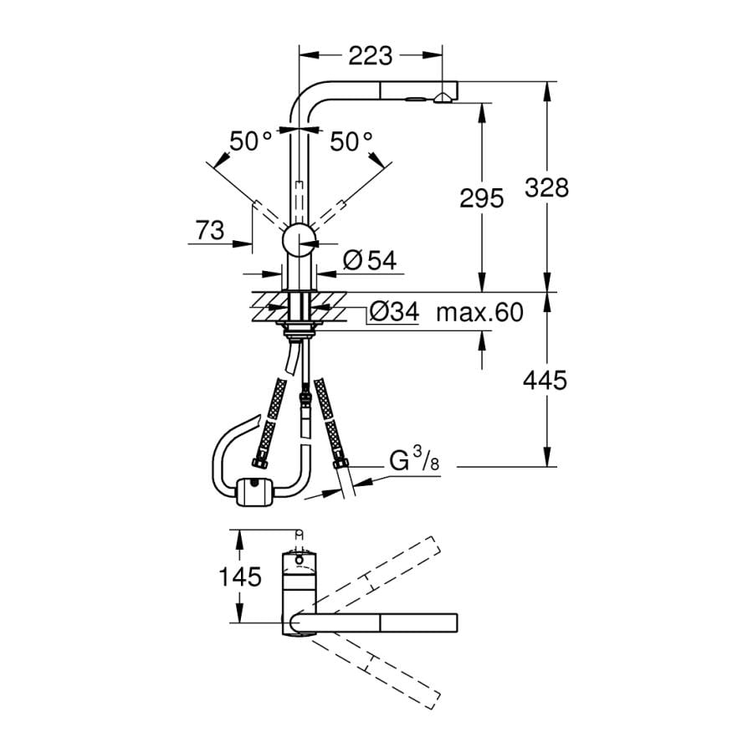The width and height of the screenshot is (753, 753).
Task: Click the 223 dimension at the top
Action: [370, 56]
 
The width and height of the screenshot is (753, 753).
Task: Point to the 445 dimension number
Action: [545, 381]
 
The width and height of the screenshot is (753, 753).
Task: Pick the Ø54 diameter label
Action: [368, 261]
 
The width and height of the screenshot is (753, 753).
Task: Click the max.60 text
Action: [479, 313]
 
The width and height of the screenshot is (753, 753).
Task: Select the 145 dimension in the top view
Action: [240, 576]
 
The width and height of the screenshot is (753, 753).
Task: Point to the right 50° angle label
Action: [350, 141]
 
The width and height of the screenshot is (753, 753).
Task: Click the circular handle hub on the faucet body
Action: [297, 241]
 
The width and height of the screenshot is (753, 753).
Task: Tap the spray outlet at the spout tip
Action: [441, 100]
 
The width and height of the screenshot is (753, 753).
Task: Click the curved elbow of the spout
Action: [302, 96]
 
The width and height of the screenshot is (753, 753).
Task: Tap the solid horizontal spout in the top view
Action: [376, 623]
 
